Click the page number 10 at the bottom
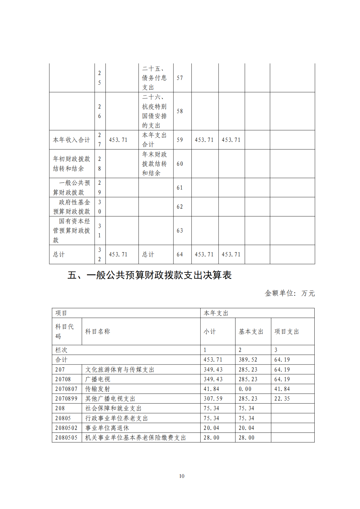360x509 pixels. [181, 476]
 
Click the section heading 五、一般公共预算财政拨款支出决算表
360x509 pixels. [150, 275]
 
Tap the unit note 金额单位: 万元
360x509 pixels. [290, 293]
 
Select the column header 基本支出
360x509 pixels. [251, 332]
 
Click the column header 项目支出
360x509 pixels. [287, 332]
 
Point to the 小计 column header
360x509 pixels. [209, 332]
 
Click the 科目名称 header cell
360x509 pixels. [98, 332]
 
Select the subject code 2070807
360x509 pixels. [66, 389]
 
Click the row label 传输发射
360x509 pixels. [98, 389]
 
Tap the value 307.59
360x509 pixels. [213, 399]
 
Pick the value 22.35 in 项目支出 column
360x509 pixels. [282, 399]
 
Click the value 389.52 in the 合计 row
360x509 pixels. [248, 360]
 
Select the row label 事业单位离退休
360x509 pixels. [107, 428]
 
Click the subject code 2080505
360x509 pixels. [66, 438]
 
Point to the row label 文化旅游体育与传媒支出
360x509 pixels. [120, 370]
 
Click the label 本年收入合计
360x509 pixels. [71, 140]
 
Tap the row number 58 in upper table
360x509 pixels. [180, 111]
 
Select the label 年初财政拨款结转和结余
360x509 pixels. [71, 164]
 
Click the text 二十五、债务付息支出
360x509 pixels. [154, 78]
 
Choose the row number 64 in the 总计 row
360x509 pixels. [180, 254]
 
